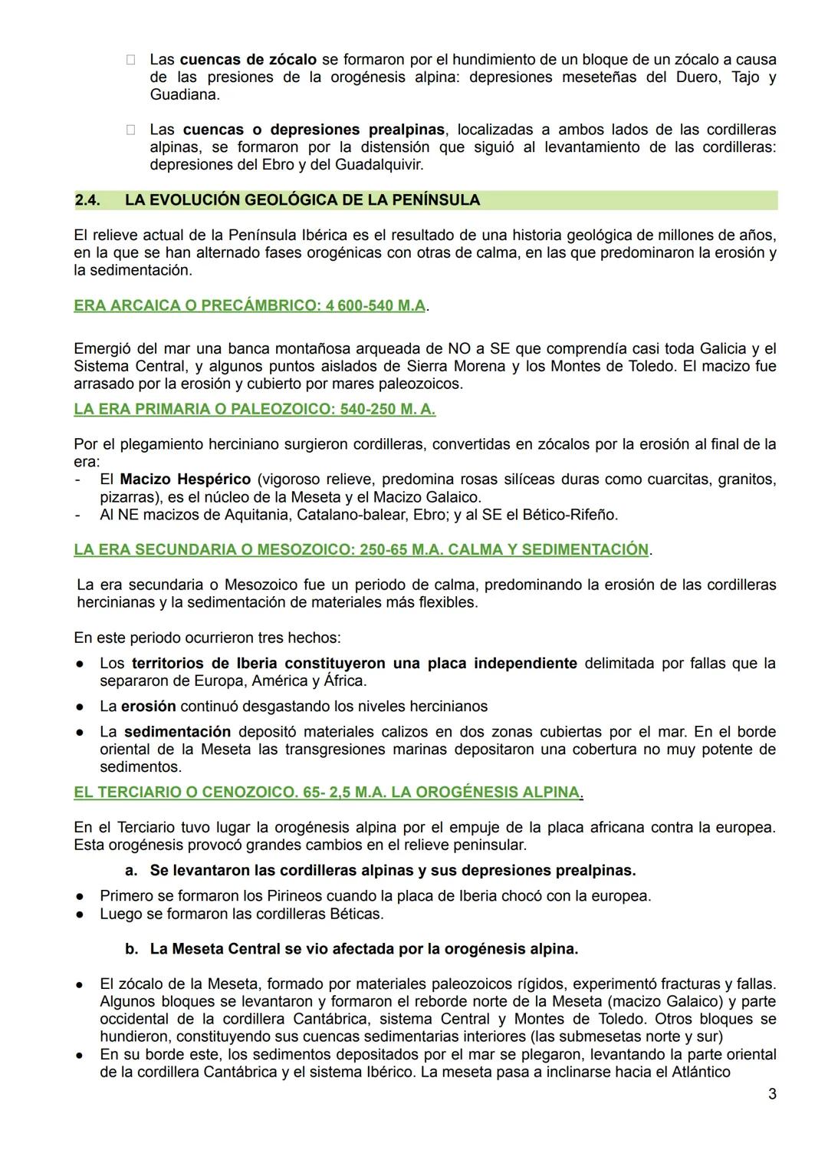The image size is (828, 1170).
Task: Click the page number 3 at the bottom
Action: (772, 1094)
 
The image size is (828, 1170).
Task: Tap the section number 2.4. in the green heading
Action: (90, 200)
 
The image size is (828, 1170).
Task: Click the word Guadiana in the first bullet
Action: (183, 95)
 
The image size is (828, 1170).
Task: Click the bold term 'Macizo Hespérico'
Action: (186, 480)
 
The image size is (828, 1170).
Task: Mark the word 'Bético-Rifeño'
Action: (570, 514)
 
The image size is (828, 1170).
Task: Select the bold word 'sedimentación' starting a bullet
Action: (177, 731)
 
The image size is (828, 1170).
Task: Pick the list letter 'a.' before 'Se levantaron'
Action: (131, 870)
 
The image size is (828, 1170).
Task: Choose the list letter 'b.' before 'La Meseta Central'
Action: (131, 948)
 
